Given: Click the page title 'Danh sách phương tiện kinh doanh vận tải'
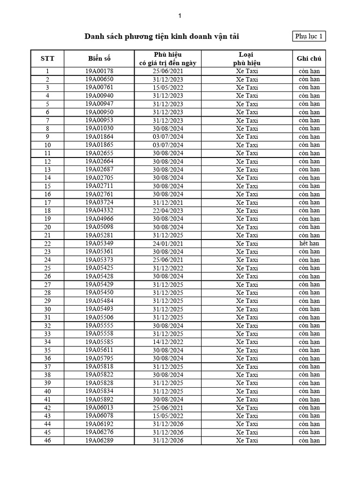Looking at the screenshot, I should pos(162,37).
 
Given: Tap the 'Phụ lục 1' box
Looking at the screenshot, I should pos(309,37).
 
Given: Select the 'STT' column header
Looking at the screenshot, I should pos(47,59).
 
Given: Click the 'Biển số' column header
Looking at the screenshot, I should pos(99,59).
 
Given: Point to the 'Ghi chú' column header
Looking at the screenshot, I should pos(309,59).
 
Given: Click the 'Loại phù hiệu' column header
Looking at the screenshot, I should pos(247,59).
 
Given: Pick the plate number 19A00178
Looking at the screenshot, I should pos(99,71).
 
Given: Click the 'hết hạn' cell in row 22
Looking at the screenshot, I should pos(309,243).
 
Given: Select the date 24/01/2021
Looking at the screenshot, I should pos(168,243).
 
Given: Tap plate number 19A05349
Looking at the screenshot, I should pos(99,243).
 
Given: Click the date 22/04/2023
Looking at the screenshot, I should pos(168,210).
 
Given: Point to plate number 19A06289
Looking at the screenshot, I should pos(99,440).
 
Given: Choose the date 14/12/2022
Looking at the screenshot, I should pos(168,342).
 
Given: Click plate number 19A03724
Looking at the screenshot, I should pos(99,202).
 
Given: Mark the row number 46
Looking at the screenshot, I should pos(47,441).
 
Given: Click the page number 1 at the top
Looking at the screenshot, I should pos(180,16).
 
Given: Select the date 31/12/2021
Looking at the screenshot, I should pos(168,202).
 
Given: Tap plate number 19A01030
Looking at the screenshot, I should pos(99,128).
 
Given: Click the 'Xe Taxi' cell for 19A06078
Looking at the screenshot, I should pos(247,416).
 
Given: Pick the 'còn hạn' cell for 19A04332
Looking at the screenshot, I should pos(309,210).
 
